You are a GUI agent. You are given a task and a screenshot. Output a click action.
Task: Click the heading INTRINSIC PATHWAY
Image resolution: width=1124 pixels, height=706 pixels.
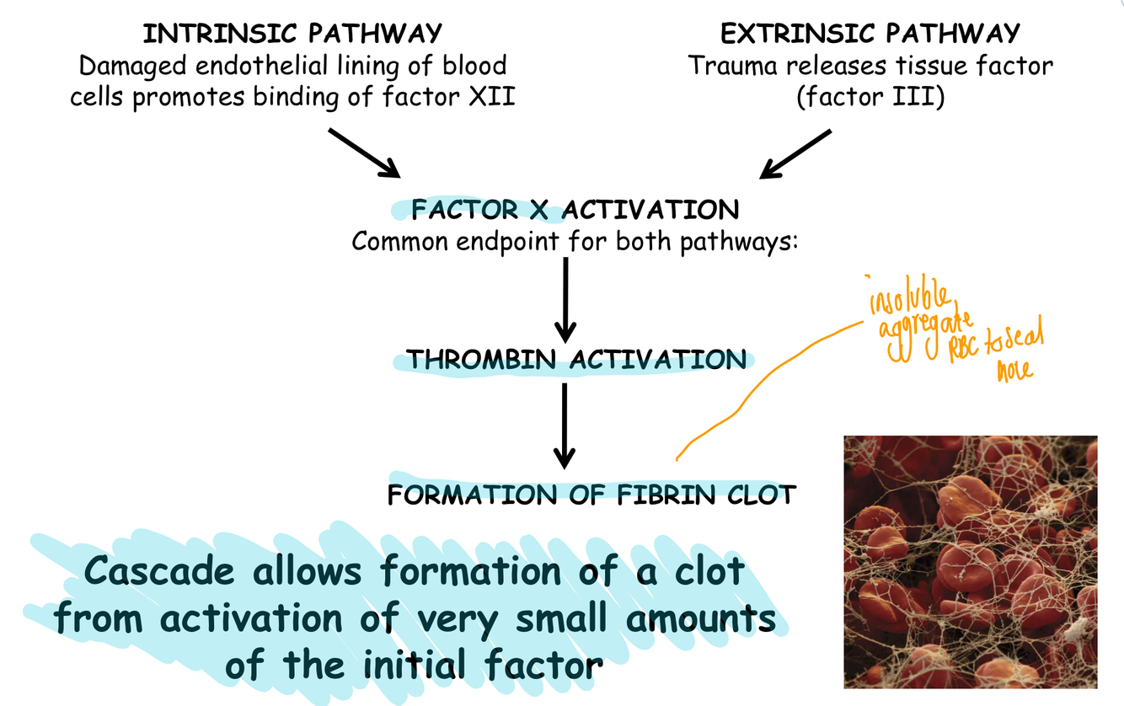coord(292,34)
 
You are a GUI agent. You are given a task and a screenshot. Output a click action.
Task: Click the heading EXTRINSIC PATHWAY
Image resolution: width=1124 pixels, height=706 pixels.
coord(870,34)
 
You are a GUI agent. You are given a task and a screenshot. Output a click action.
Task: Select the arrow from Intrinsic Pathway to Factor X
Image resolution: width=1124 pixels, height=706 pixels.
coord(363,152)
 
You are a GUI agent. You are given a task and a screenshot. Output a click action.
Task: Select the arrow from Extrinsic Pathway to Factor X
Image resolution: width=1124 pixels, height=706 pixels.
coord(796,154)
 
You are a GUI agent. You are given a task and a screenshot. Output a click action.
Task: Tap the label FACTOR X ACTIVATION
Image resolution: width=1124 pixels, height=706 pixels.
coord(575,209)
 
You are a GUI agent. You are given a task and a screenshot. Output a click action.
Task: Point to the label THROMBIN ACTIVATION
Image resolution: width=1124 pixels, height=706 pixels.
coord(577,361)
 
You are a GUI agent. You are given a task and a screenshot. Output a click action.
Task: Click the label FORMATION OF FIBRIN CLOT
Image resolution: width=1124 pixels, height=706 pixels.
coord(591,495)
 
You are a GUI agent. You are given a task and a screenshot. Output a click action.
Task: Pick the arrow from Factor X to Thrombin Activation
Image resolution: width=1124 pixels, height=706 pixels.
coord(565,299)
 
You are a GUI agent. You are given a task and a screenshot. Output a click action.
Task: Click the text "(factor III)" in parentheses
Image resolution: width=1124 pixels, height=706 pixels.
coord(870,97)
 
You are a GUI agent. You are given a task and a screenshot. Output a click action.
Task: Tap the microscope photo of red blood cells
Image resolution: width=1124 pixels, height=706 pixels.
coord(970,562)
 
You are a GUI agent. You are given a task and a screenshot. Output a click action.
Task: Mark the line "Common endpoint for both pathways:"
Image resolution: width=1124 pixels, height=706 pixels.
coord(575,241)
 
